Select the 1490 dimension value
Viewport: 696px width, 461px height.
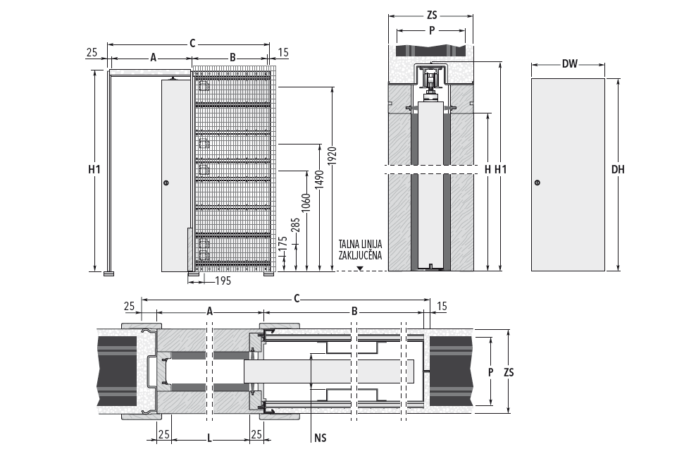[320, 179]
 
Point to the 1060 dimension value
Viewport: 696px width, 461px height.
[306, 202]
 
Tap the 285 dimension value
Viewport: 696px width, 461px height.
[296, 224]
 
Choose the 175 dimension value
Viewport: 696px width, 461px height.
[283, 243]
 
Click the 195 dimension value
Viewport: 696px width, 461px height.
[223, 281]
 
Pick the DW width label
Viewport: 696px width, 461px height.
[569, 64]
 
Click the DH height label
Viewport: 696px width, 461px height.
[617, 169]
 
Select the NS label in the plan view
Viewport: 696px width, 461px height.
[320, 438]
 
